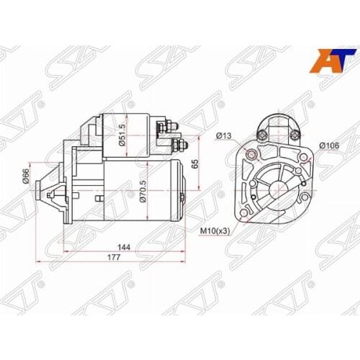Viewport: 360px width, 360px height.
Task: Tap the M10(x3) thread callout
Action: point(215,231)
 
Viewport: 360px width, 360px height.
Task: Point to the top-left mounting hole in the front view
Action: point(250,154)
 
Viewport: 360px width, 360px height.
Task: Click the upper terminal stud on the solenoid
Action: point(174,130)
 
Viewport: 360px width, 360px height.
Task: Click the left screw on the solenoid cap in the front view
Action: point(262,133)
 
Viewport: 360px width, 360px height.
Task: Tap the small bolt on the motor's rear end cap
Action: point(181,196)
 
